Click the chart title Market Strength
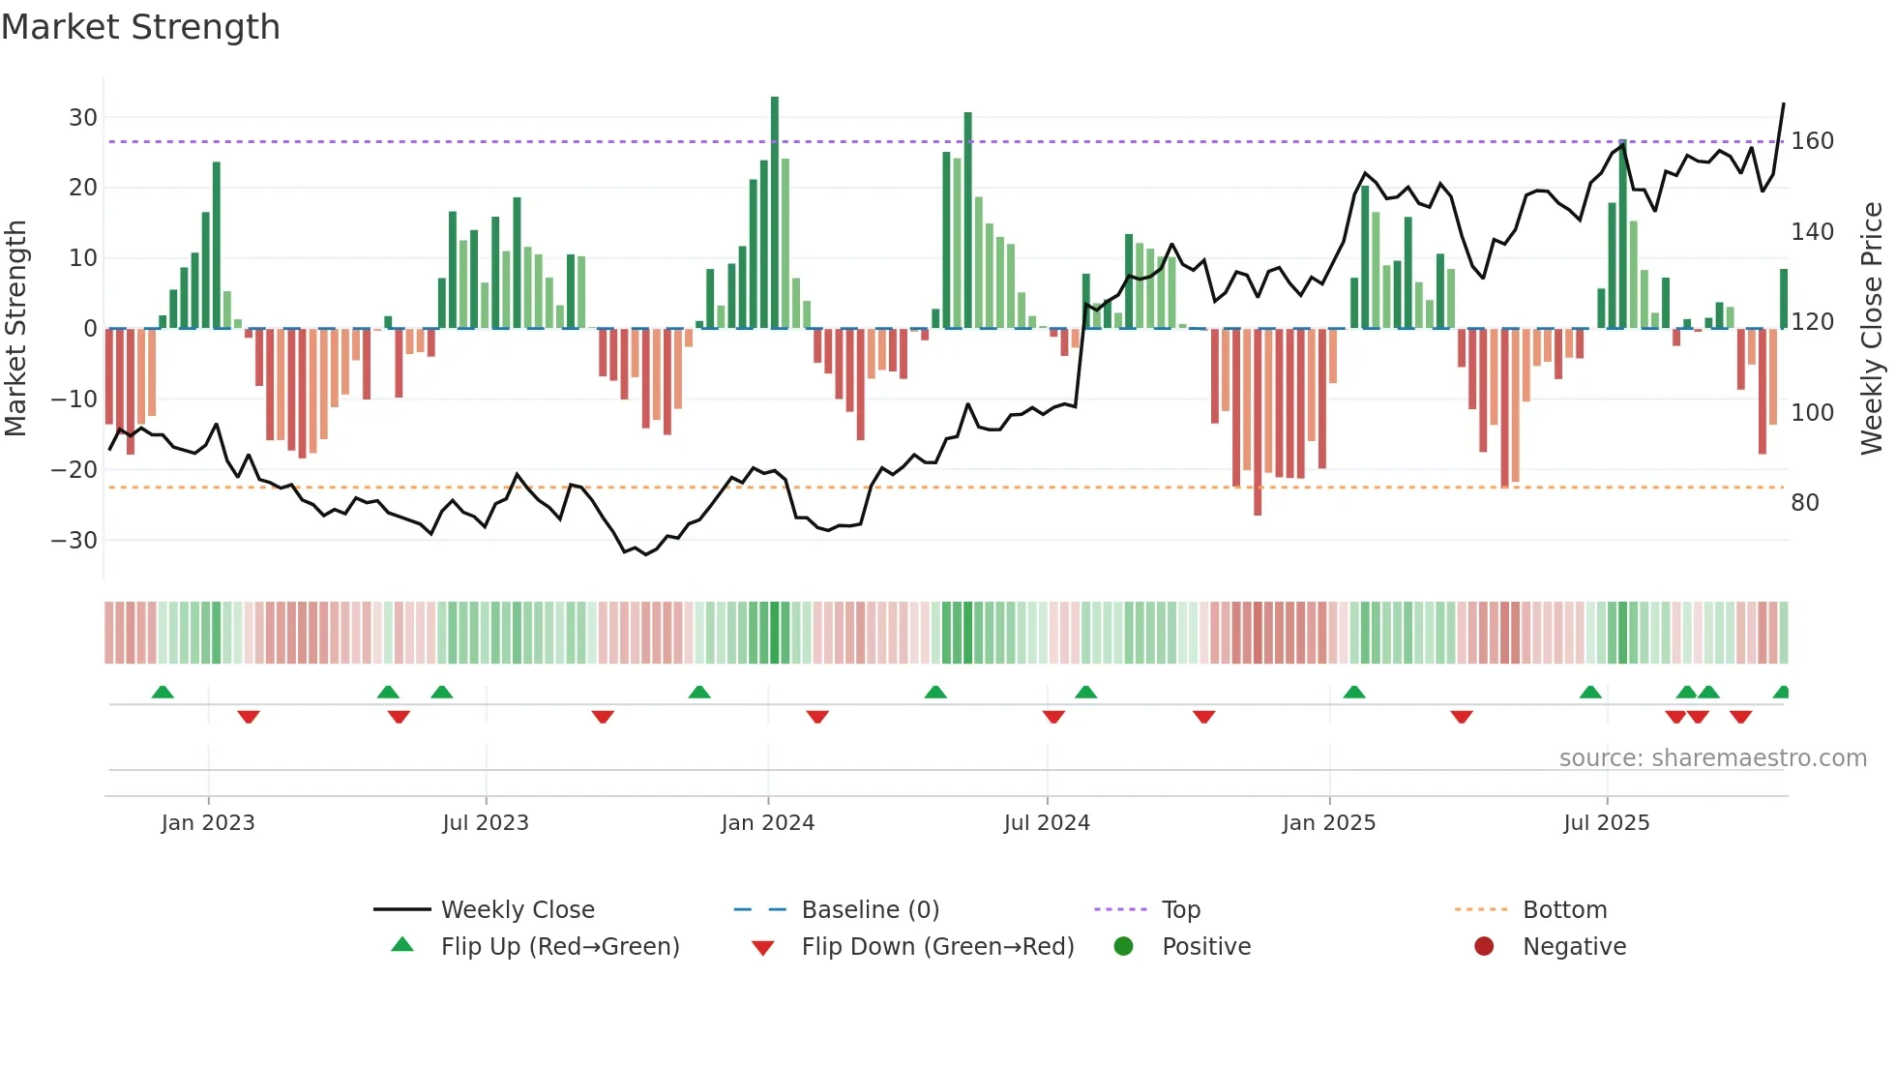[x=140, y=27]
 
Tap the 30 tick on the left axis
[x=83, y=118]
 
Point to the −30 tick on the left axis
[x=74, y=541]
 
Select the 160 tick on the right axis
[x=1812, y=141]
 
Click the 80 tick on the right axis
[x=1804, y=503]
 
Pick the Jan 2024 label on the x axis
[x=767, y=823]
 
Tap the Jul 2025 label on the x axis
[x=1606, y=823]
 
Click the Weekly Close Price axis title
[x=1872, y=329]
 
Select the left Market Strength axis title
[x=15, y=329]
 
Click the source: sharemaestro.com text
[x=1712, y=758]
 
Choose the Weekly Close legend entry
[x=518, y=910]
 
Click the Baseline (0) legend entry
[x=870, y=910]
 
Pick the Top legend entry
[x=1180, y=910]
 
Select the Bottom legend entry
[x=1564, y=910]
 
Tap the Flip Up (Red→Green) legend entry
[x=559, y=947]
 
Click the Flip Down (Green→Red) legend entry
[x=937, y=947]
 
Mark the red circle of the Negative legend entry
[x=1483, y=947]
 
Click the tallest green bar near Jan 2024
[x=775, y=213]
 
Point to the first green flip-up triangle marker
[x=163, y=692]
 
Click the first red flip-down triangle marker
[x=249, y=717]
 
